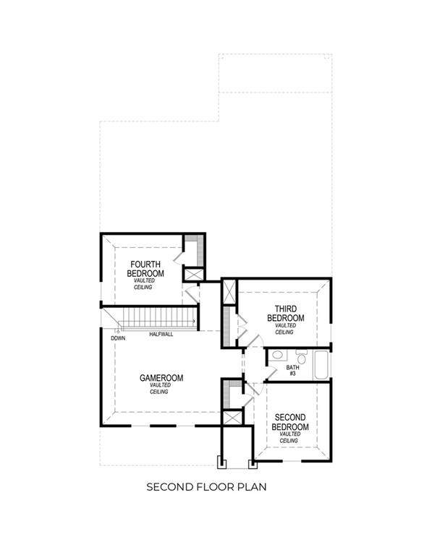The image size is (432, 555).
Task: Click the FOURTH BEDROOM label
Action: (145, 269)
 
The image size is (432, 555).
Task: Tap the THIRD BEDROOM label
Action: (286, 314)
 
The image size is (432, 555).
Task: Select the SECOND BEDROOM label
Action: (290, 422)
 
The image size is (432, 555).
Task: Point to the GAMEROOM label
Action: (161, 378)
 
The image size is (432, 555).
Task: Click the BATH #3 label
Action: (293, 371)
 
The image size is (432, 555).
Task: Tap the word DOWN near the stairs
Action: (118, 338)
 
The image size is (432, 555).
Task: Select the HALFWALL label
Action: (161, 334)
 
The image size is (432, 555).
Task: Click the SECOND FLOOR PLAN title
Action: (207, 486)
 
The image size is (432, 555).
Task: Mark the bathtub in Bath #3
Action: (322, 365)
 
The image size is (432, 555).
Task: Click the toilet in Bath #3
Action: (301, 358)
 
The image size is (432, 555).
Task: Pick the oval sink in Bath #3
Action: (277, 355)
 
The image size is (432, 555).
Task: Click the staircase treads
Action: (156, 318)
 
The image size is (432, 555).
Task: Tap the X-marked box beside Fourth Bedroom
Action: (194, 275)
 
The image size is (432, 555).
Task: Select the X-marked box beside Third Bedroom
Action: (229, 292)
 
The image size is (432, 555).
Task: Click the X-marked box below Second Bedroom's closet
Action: (232, 418)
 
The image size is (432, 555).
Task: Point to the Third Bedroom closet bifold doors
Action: (242, 327)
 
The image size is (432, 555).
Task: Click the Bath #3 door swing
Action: (270, 374)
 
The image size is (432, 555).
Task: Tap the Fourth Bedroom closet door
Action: (179, 257)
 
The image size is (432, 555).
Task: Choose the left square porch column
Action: (221, 462)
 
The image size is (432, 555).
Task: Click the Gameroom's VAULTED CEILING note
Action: (160, 388)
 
